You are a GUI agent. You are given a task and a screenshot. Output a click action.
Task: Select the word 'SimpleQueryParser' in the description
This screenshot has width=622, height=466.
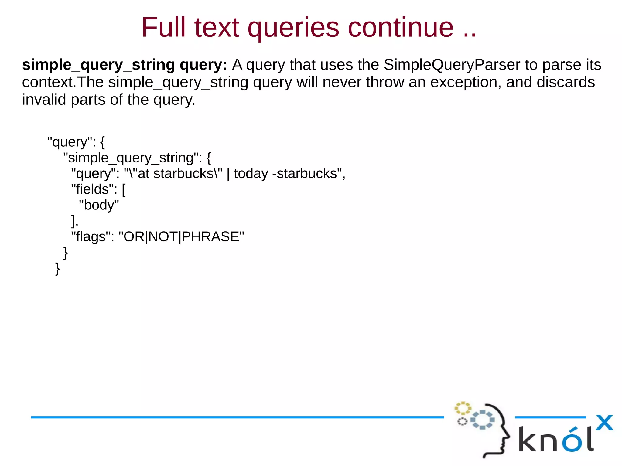point(452,65)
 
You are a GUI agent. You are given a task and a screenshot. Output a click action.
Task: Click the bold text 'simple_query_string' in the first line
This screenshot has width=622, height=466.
point(98,65)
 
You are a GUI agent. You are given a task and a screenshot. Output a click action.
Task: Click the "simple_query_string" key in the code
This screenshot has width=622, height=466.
point(132,158)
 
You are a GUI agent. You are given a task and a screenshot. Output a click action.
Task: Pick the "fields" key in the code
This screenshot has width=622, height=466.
point(94,189)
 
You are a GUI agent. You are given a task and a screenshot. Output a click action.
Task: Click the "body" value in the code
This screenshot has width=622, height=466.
point(99,205)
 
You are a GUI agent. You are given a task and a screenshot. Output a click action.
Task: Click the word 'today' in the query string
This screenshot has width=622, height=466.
point(251,174)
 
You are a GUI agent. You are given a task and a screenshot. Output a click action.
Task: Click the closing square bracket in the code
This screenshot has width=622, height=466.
point(73,221)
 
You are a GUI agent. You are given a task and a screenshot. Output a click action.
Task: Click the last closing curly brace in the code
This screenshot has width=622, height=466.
point(57,268)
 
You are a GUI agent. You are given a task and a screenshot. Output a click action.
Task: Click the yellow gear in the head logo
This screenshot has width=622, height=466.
point(462,408)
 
